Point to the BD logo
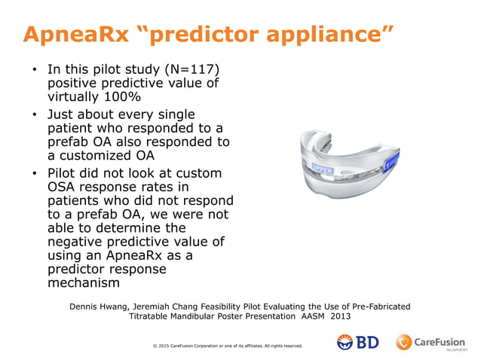coord(358,343)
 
